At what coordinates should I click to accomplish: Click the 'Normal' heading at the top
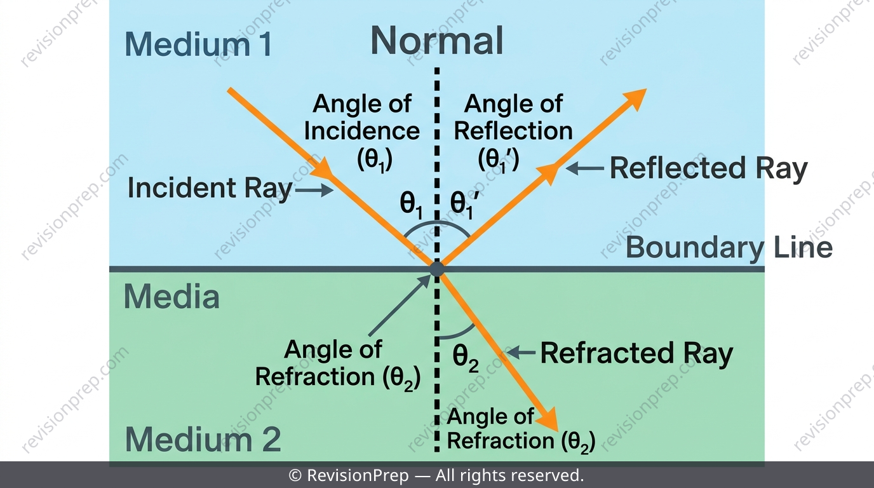[436, 41]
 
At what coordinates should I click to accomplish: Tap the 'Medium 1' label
[198, 44]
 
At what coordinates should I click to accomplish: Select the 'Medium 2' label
[203, 439]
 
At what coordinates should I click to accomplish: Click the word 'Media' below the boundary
[171, 297]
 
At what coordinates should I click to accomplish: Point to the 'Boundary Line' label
[729, 248]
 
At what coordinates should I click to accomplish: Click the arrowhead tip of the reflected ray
[647, 89]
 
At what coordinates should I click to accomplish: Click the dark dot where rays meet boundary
[436, 269]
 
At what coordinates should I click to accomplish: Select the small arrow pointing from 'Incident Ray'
[314, 191]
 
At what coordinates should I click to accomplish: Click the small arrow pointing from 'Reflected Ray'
[584, 168]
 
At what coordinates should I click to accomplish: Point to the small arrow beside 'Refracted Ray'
[521, 353]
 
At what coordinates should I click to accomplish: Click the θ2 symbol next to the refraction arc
[466, 359]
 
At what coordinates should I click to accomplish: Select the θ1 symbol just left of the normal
[411, 206]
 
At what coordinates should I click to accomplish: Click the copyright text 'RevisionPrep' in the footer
[358, 475]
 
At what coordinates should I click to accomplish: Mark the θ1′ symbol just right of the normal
[463, 206]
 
